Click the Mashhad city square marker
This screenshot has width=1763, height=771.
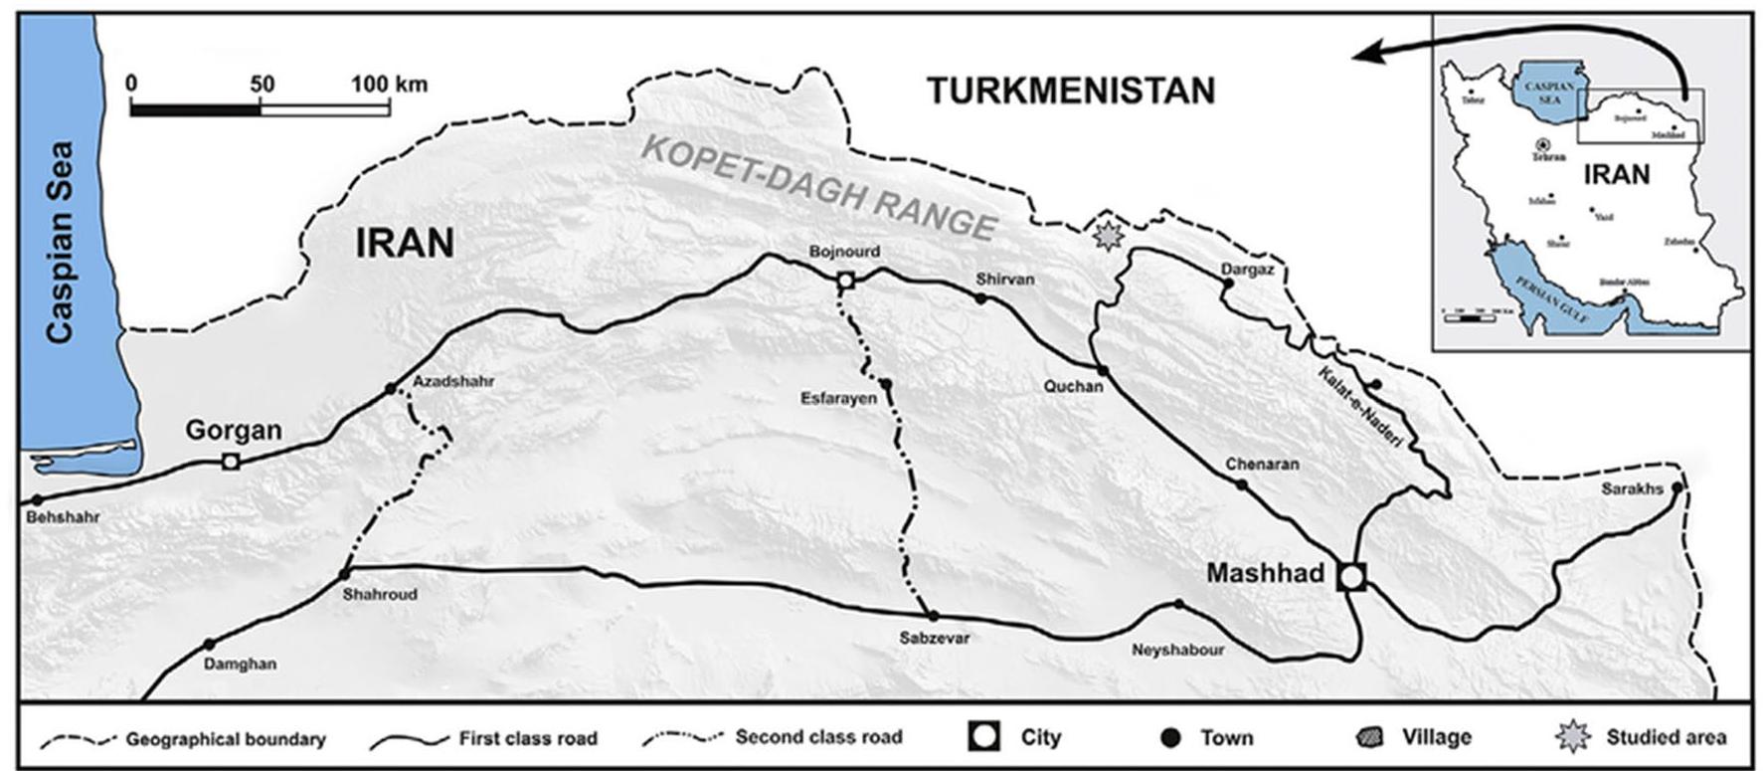1350,576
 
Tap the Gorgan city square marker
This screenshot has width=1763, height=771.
231,461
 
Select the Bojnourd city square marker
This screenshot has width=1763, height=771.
845,281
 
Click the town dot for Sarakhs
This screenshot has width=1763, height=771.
1676,487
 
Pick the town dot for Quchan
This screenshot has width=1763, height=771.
1102,371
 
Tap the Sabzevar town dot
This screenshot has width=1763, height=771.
933,616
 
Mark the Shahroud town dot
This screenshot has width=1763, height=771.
345,574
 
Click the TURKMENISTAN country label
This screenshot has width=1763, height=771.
1071,91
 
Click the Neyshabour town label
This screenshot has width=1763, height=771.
1178,650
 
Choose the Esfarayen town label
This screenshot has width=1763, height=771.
838,398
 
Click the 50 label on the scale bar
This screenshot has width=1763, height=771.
262,84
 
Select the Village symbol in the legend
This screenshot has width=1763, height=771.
1369,737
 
